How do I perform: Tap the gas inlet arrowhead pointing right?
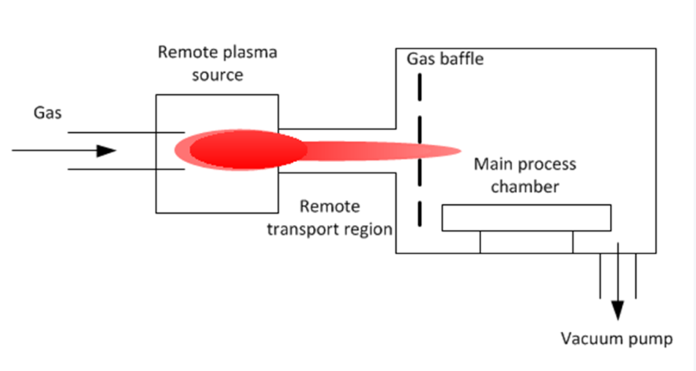point(105,151)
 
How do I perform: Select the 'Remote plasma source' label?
point(217,63)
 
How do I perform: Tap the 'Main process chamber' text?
point(525,175)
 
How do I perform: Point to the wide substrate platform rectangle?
point(526,218)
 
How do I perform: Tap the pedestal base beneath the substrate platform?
point(526,241)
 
